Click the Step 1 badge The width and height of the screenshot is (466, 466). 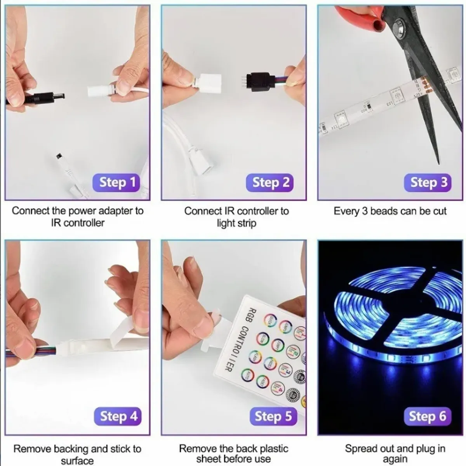coord(116,182)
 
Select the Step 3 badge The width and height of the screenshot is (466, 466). coord(428,182)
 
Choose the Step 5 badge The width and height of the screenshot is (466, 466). coord(273,416)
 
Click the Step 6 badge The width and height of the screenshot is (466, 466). coord(427,416)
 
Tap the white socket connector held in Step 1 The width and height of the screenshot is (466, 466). coord(100,92)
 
